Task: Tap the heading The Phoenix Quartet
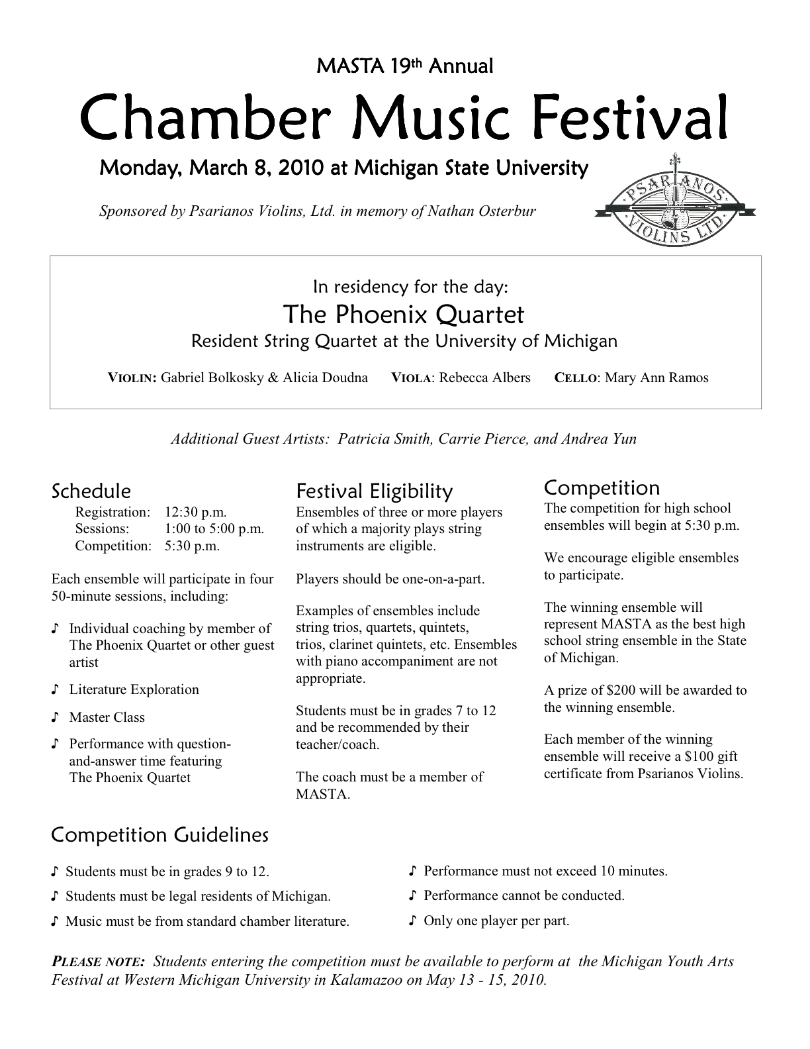pyautogui.click(x=404, y=314)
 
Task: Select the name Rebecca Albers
pyautogui.click(x=484, y=378)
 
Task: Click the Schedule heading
pyautogui.click(x=91, y=491)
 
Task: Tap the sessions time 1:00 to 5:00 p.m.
pyautogui.click(x=214, y=528)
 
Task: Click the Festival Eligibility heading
pyautogui.click(x=375, y=491)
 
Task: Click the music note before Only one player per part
pyautogui.click(x=414, y=921)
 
